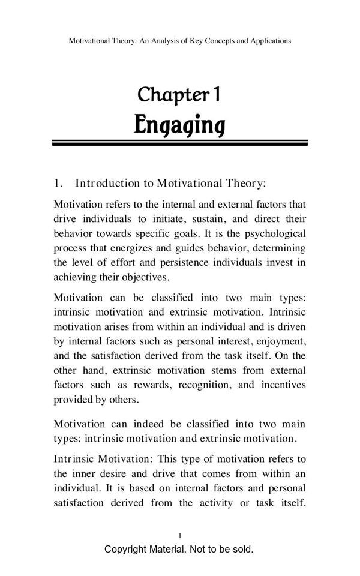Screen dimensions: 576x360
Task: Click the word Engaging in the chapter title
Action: tap(179, 125)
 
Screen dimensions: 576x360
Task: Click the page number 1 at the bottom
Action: tap(180, 535)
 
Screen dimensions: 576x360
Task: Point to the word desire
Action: tap(113, 473)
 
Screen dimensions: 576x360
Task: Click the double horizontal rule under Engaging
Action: tap(179, 143)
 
